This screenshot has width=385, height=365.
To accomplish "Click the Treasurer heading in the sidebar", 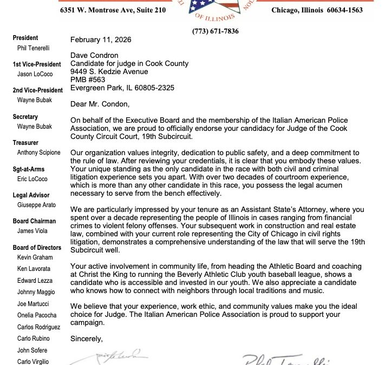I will pyautogui.click(x=25, y=143).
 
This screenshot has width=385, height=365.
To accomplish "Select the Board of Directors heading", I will pyautogui.click(x=36, y=247).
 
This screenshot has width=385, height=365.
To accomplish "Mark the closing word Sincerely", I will pyautogui.click(x=86, y=339).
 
